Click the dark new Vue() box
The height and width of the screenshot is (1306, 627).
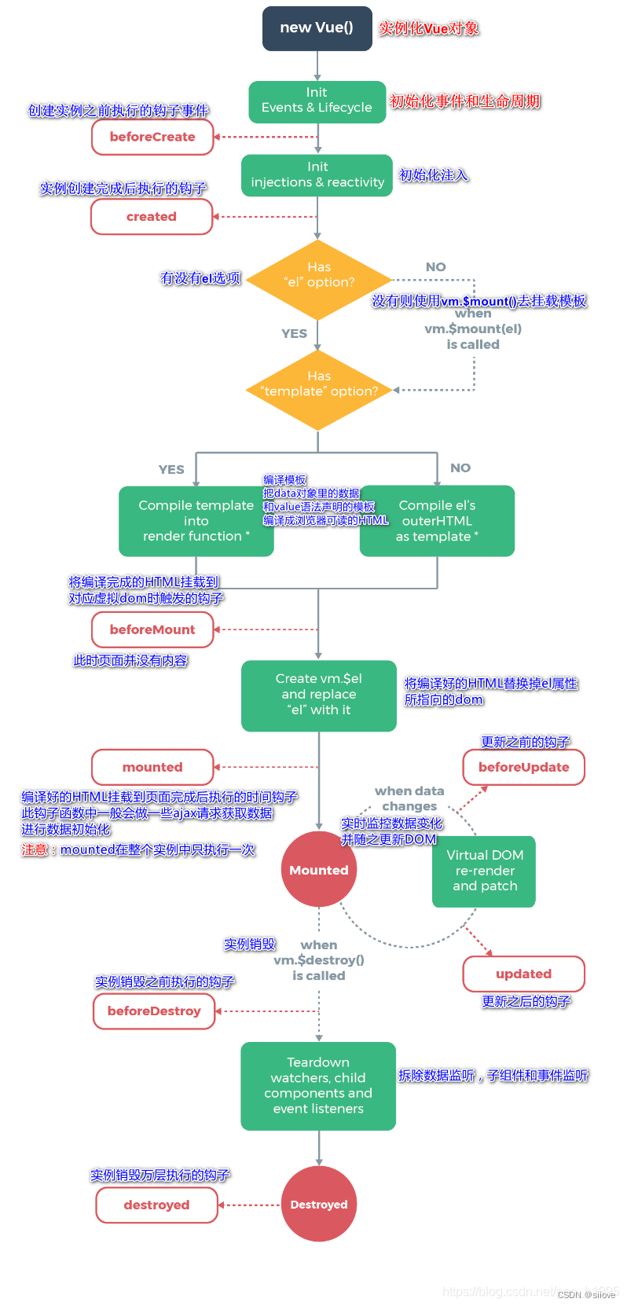point(317,28)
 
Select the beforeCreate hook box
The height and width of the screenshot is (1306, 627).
point(152,137)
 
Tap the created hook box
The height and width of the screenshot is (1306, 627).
point(152,217)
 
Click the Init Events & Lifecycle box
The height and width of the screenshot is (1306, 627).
point(317,101)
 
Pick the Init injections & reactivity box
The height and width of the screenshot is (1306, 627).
point(317,175)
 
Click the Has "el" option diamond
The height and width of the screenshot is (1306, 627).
point(318,279)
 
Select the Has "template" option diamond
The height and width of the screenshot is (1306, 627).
point(318,389)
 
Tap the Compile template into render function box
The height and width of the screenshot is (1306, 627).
point(196,521)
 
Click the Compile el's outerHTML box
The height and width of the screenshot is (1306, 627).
point(437,521)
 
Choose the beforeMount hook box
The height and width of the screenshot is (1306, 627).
point(152,629)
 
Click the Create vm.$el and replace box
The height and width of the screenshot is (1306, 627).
point(318,695)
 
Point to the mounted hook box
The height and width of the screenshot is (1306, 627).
point(152,767)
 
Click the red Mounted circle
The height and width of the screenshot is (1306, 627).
point(318,869)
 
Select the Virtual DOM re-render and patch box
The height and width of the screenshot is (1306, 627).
point(484,871)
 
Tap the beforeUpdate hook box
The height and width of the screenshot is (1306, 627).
point(523,767)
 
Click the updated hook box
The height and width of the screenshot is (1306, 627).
point(523,974)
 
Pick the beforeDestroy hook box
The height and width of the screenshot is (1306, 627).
point(154,1011)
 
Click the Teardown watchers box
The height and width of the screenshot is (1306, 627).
point(318,1086)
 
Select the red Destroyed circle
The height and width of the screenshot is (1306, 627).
point(318,1204)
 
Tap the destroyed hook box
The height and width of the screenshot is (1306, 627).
point(156,1205)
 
